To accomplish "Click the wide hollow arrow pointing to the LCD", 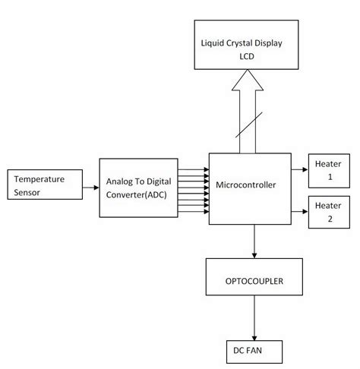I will tap(248, 114).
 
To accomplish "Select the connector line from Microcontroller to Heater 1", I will tap(298, 166).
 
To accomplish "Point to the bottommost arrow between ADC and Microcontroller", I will tap(193, 212).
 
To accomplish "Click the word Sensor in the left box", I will tap(27, 194).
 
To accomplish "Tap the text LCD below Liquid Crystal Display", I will tap(249, 56).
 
